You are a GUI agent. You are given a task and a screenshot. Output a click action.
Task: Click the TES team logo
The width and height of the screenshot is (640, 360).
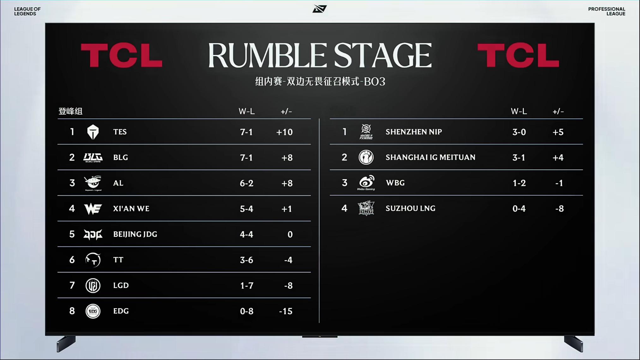pyautogui.click(x=93, y=132)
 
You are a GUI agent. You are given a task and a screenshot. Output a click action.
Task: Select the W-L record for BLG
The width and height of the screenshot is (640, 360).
pyautogui.click(x=246, y=157)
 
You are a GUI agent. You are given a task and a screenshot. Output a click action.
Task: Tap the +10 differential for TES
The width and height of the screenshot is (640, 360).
pyautogui.click(x=284, y=132)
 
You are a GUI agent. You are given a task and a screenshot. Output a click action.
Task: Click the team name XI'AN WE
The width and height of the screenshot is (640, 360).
pyautogui.click(x=131, y=209)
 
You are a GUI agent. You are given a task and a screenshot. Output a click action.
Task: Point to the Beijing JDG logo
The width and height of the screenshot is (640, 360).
pyautogui.click(x=93, y=234)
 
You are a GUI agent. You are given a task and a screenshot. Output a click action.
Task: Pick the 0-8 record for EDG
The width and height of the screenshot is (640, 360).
pyautogui.click(x=247, y=311)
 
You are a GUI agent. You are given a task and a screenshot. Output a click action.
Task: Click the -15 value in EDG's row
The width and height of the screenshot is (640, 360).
pyautogui.click(x=286, y=311)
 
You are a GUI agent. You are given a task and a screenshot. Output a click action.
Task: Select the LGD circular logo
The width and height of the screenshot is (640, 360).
pyautogui.click(x=93, y=286)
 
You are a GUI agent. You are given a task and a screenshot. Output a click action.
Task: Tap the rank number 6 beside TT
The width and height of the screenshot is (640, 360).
pyautogui.click(x=72, y=260)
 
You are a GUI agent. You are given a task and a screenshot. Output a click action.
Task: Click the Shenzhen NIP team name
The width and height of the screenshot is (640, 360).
pyautogui.click(x=414, y=132)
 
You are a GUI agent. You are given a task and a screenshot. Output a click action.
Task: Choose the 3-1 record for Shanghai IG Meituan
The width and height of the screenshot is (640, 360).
pyautogui.click(x=519, y=157)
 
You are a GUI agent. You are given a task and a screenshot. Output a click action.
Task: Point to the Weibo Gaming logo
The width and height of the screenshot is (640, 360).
pyautogui.click(x=366, y=183)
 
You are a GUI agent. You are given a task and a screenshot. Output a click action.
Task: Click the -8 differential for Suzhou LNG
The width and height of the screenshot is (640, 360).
pyautogui.click(x=559, y=209)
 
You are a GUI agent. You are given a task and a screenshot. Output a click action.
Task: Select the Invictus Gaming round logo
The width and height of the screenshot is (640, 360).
pyautogui.click(x=366, y=157)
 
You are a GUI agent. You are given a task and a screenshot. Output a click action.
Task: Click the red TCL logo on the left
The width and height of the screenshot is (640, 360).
pyautogui.click(x=122, y=56)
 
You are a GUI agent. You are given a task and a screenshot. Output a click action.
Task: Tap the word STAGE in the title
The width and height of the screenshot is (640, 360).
pyautogui.click(x=383, y=56)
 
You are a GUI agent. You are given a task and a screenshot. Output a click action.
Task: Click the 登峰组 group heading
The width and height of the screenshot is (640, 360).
pyautogui.click(x=70, y=111)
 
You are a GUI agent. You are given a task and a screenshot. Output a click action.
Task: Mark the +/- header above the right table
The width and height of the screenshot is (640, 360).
pyautogui.click(x=558, y=111)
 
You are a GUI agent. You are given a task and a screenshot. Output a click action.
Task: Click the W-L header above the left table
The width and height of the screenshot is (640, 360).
pyautogui.click(x=247, y=111)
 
